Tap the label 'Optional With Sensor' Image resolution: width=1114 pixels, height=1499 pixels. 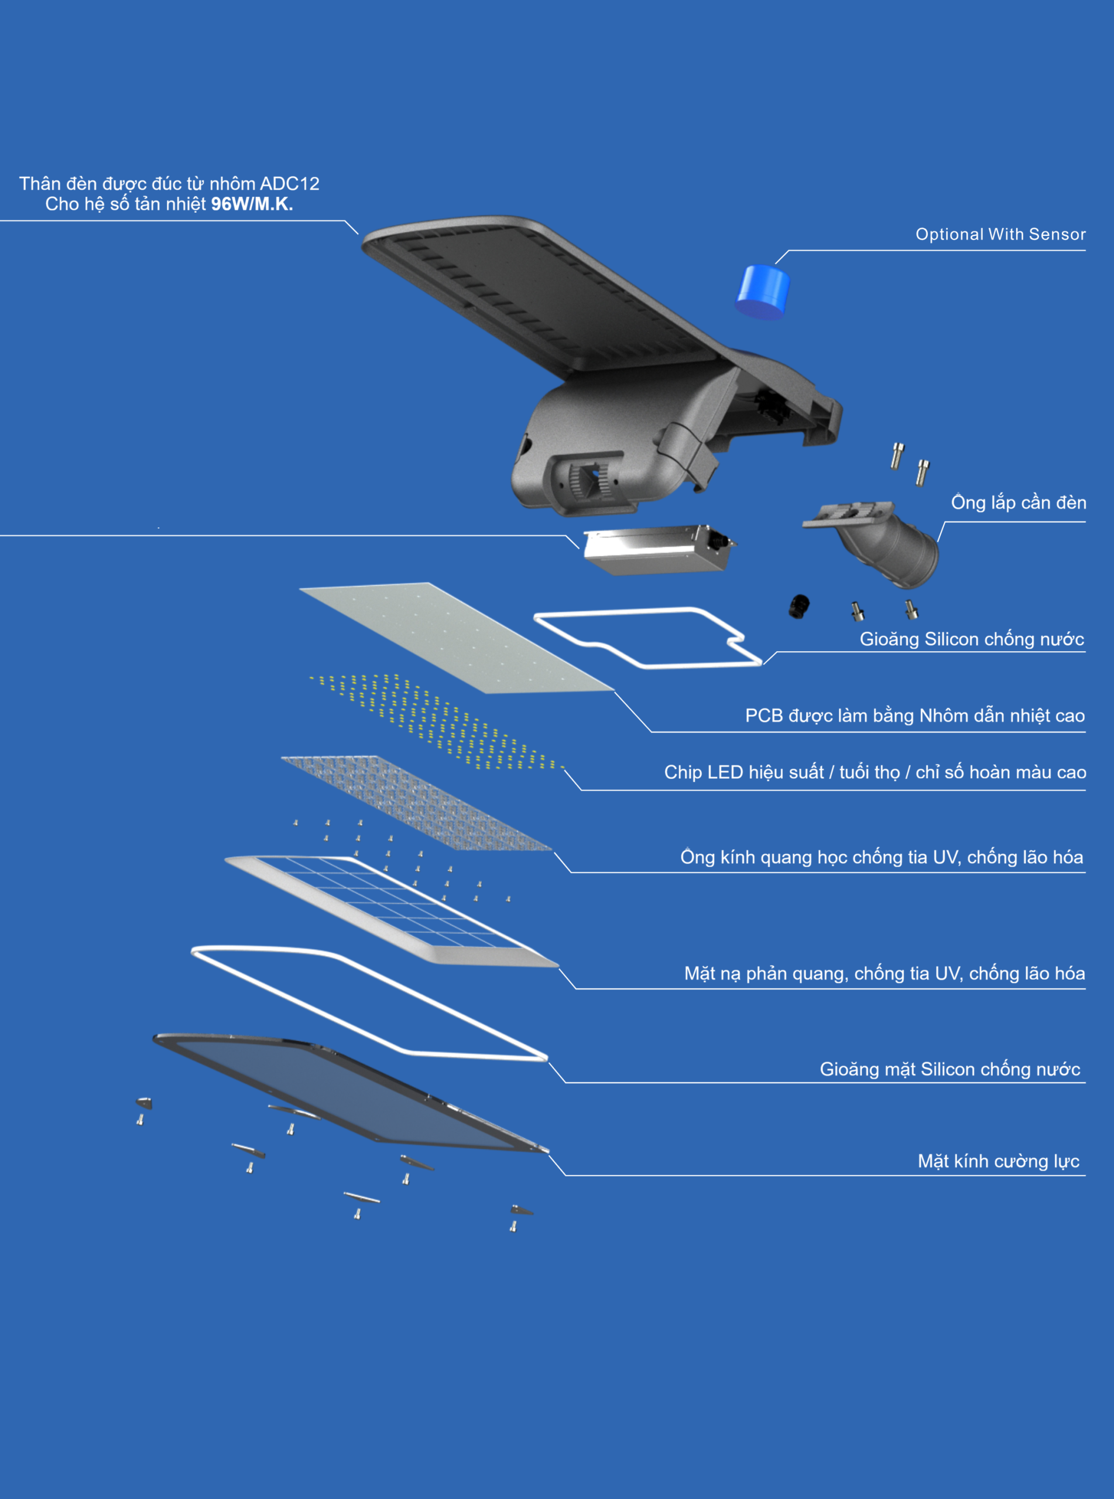point(1000,234)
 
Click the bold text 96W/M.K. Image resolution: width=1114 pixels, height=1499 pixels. point(252,204)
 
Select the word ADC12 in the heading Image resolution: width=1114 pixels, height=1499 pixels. point(290,183)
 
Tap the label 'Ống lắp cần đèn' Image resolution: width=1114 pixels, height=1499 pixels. point(1018,502)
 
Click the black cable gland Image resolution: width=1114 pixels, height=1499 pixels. point(799,605)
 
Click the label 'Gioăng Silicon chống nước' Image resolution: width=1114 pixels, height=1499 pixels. point(972,639)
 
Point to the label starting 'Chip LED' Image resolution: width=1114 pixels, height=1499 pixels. point(875,772)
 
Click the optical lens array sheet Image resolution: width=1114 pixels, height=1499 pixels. point(416,802)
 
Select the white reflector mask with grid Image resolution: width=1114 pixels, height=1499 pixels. point(391,911)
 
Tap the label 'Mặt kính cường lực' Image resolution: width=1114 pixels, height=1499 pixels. point(998,1161)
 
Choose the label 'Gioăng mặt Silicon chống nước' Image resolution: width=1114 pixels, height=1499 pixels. point(950,1069)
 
